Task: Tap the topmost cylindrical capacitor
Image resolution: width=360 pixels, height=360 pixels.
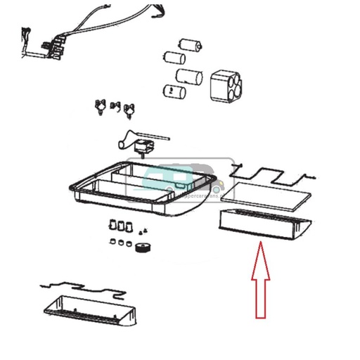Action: pos(193,44)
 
